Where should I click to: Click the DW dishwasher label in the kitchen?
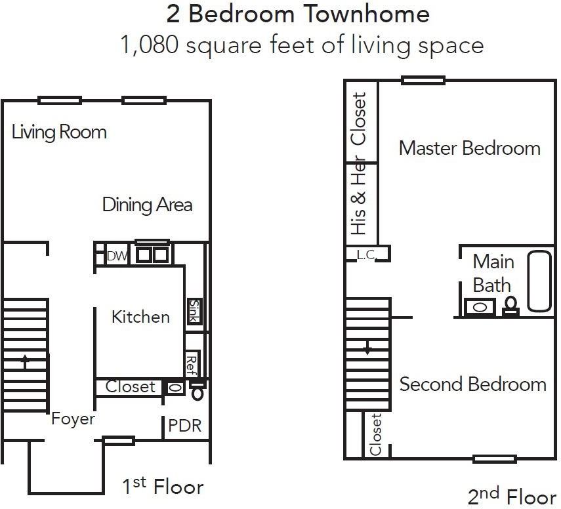click(117, 256)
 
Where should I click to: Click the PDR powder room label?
click(184, 426)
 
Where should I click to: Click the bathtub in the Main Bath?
click(540, 281)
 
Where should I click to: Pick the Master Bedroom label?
click(469, 148)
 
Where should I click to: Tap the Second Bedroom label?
click(472, 384)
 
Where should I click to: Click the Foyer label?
click(73, 418)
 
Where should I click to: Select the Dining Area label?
click(147, 205)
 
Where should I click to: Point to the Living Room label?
click(59, 132)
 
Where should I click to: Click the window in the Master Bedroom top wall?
click(423, 81)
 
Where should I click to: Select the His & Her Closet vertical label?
click(359, 164)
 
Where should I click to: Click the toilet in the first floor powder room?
click(196, 393)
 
